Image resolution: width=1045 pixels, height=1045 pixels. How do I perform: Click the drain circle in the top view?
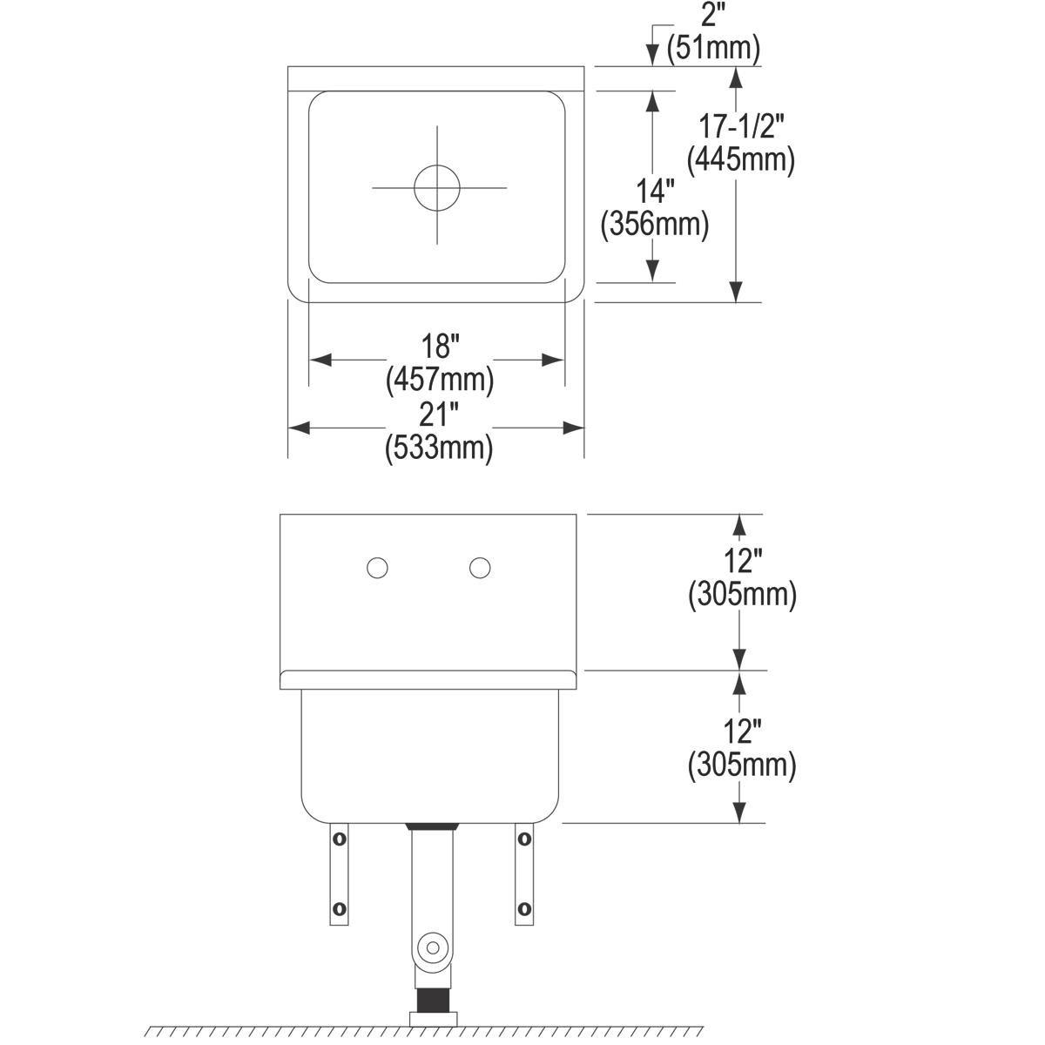click(x=436, y=187)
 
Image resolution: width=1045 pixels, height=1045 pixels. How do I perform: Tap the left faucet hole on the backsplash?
click(x=377, y=569)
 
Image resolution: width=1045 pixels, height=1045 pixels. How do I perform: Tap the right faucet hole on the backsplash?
click(x=479, y=569)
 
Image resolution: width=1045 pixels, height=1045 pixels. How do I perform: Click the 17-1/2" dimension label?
click(x=742, y=127)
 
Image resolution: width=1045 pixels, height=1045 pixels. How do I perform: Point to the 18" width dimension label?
click(x=440, y=346)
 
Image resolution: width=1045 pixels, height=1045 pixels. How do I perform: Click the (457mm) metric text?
click(x=439, y=380)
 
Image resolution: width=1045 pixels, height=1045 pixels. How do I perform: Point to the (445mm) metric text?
click(x=741, y=160)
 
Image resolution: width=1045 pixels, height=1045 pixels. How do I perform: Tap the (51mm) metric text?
click(x=714, y=47)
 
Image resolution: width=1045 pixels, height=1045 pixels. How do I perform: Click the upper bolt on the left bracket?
click(x=338, y=839)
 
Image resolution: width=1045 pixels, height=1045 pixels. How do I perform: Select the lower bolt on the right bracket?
click(x=523, y=908)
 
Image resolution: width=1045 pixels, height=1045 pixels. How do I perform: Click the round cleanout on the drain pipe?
click(x=432, y=946)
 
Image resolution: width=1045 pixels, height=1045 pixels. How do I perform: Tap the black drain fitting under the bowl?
click(x=432, y=824)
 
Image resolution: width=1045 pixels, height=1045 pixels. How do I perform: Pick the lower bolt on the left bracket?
click(x=338, y=910)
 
